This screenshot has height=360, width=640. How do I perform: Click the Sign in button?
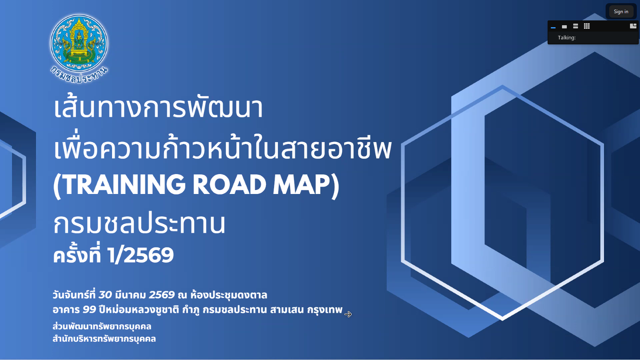(621, 12)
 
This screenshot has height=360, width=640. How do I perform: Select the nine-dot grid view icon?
(586, 26)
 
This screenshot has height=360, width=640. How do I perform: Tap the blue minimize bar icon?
(553, 28)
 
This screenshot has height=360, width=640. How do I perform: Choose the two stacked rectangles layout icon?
(576, 26)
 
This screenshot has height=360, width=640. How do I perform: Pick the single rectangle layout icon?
(564, 26)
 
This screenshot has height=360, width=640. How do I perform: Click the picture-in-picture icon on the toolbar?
(633, 26)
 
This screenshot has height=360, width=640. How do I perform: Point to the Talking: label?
(566, 38)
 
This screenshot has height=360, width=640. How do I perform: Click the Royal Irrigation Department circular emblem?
(79, 43)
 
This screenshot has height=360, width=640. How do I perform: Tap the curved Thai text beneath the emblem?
(79, 75)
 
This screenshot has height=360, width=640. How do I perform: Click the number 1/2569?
(140, 255)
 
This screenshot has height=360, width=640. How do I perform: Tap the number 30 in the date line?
(105, 295)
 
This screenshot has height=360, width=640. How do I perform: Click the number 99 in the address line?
(89, 310)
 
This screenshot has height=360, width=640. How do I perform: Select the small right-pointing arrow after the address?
(348, 314)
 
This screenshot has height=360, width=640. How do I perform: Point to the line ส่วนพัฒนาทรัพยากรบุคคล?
(102, 326)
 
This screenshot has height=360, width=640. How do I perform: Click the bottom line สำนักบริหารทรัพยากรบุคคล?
(104, 339)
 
